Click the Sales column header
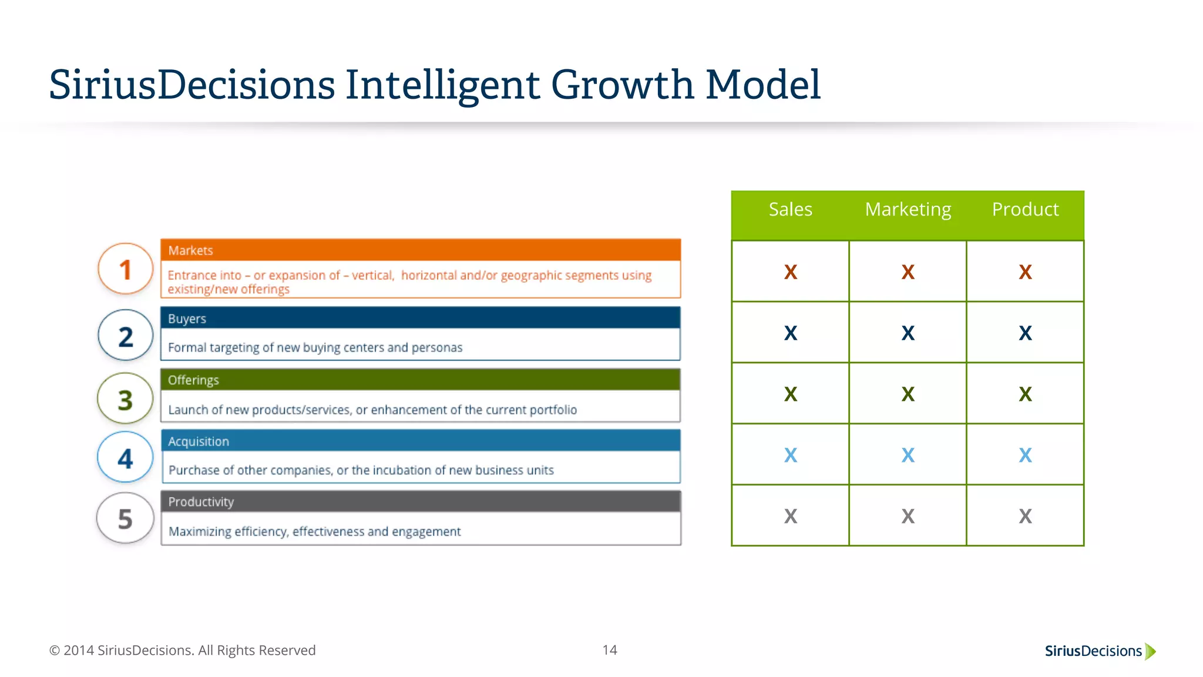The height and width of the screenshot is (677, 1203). coord(790,210)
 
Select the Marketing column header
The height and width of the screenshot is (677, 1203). coord(908,210)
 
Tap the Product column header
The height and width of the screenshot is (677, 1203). coord(1025,210)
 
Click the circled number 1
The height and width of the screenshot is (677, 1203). coord(125,270)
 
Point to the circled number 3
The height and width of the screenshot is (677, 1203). coord(125,400)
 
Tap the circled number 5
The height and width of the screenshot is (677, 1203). coord(125,519)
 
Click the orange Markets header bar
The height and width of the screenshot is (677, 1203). coord(421,250)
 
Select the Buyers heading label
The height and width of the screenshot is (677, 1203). coord(187,319)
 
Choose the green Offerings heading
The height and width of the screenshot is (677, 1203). coord(193,380)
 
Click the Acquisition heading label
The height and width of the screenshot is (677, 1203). coord(199,441)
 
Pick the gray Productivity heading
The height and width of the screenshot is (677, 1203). coord(201,502)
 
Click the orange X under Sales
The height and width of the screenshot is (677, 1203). coord(791,272)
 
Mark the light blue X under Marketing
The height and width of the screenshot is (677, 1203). coord(908,455)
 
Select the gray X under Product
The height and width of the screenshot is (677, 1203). coord(1025,517)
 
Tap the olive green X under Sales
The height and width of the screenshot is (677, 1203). coord(791,394)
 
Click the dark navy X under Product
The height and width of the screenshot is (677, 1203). coord(1025,333)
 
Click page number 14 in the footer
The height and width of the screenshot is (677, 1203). coord(610,650)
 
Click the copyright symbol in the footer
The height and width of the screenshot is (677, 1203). coord(55,651)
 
